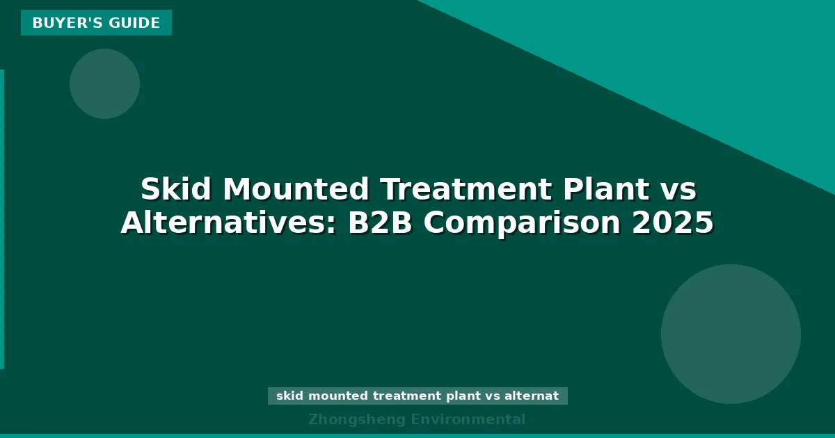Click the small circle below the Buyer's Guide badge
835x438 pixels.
tap(104, 83)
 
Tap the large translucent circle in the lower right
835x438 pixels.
tap(731, 334)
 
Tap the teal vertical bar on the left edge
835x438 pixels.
tap(2, 219)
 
